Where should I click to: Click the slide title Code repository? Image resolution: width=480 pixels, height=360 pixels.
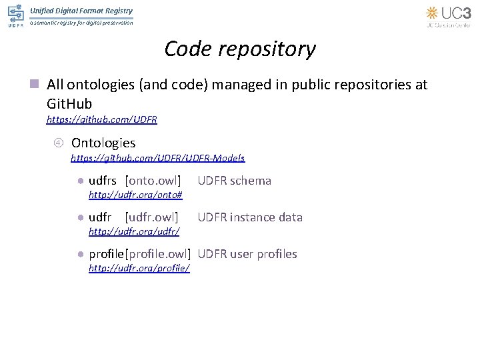(x=240, y=49)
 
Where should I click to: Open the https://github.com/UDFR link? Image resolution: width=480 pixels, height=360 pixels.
(x=101, y=120)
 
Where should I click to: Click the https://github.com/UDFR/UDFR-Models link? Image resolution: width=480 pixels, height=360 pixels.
(x=158, y=159)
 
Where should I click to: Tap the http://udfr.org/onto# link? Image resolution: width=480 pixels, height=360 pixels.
(x=136, y=195)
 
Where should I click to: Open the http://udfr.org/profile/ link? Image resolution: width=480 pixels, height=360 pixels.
(x=139, y=268)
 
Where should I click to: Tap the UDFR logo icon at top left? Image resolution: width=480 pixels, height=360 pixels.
(x=15, y=16)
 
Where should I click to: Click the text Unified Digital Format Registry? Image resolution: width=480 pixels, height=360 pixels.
(x=81, y=11)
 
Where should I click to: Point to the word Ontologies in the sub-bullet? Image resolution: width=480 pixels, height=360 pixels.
(x=103, y=143)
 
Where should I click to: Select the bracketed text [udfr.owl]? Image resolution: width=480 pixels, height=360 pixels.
(x=152, y=217)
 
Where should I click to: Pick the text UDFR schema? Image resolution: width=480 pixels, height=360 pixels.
(x=235, y=181)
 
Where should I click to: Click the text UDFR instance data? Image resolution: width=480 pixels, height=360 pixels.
(x=250, y=217)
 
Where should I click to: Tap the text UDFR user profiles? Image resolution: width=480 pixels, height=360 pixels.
(x=247, y=254)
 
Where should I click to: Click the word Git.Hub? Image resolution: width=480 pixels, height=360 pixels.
(x=69, y=104)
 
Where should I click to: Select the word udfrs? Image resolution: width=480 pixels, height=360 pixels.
(x=103, y=181)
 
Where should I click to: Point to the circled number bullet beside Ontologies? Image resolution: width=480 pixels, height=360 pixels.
(x=58, y=143)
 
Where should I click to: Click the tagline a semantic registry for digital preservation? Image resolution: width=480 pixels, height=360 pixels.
(x=81, y=23)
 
